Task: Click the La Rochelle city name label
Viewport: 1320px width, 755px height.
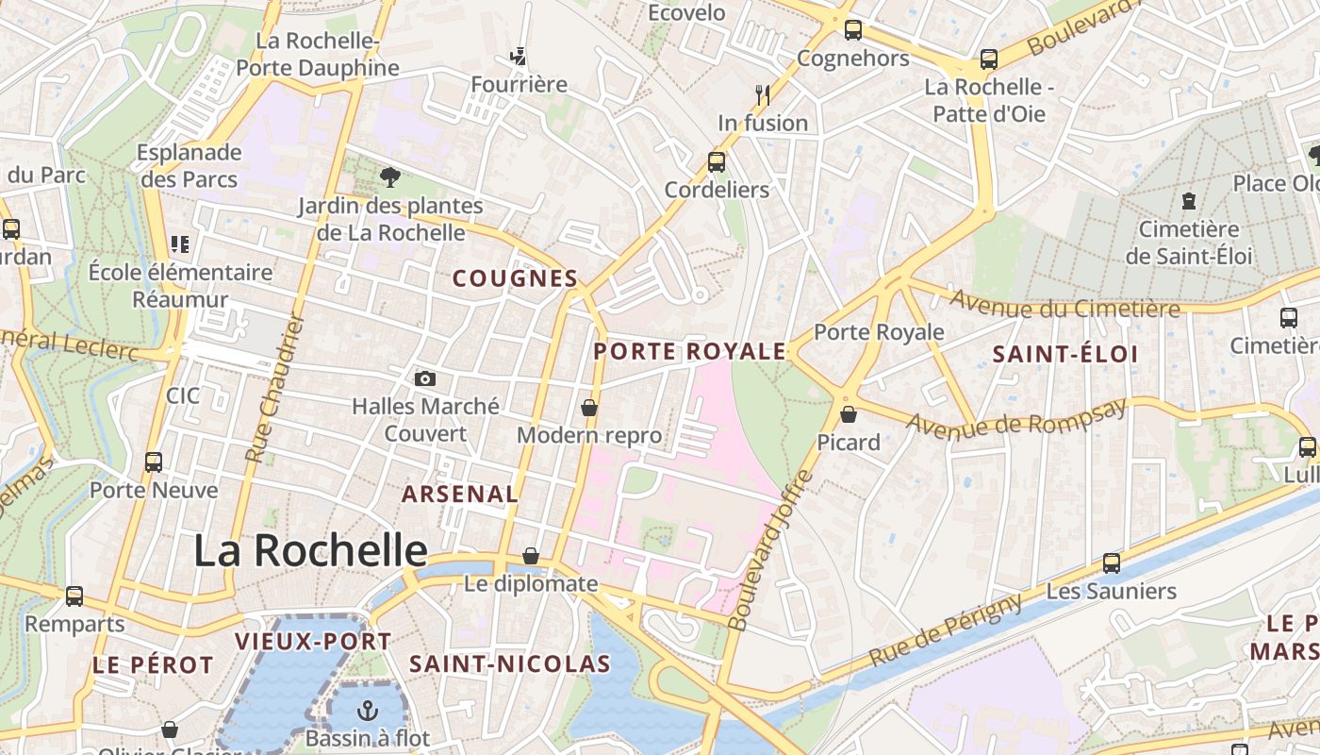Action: click(x=310, y=550)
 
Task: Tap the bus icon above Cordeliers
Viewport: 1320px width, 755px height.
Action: click(x=717, y=162)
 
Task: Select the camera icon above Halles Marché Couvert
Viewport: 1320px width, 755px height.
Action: click(x=425, y=378)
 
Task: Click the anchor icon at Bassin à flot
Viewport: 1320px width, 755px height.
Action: click(x=367, y=711)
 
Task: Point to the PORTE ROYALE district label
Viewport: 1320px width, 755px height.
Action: click(x=689, y=352)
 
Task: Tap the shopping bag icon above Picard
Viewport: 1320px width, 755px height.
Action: click(x=849, y=414)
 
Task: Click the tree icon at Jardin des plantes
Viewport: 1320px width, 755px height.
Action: click(x=389, y=176)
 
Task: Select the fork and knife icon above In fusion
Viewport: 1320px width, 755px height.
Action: click(x=763, y=94)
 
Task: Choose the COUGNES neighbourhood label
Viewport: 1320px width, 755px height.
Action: click(x=515, y=278)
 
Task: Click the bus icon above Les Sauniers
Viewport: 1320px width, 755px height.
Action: click(x=1112, y=563)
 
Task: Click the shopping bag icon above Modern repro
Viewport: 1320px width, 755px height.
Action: click(x=589, y=408)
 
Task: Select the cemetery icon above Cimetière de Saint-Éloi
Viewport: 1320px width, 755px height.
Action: click(x=1188, y=201)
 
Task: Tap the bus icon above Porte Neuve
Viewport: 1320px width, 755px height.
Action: click(x=154, y=462)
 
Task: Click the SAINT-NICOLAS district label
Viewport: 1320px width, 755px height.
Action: click(x=510, y=663)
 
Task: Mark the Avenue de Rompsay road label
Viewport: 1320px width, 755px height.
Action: click(x=1016, y=416)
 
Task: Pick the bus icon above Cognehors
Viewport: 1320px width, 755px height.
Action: click(x=853, y=30)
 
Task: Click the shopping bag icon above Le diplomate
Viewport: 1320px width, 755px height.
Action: click(x=531, y=556)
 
